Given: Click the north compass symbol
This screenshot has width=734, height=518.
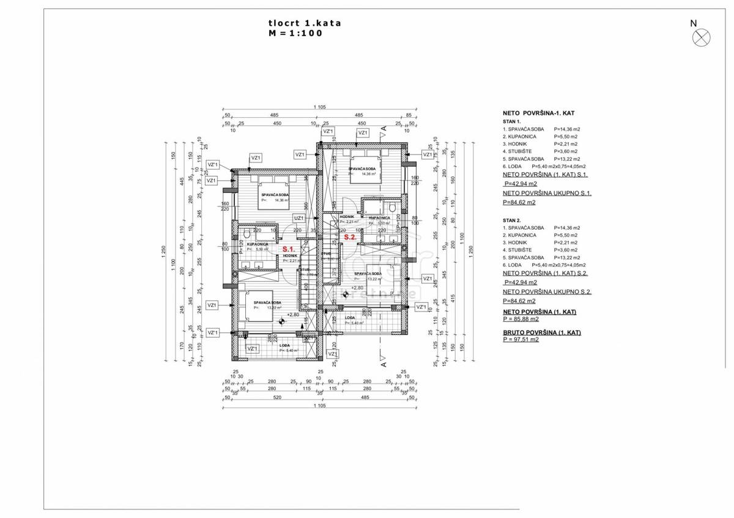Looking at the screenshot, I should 701,38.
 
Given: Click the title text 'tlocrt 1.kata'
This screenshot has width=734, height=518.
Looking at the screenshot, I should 305,23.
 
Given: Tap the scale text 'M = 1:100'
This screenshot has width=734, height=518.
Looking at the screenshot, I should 295,34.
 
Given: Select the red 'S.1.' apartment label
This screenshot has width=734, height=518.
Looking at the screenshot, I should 289,249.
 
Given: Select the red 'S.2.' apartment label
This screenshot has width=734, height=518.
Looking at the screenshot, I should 350,236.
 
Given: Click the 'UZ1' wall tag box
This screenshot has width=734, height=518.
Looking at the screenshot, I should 299,217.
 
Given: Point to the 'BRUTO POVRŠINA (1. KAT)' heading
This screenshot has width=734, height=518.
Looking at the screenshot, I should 541,332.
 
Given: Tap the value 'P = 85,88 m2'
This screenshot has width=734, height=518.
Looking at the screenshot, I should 521,319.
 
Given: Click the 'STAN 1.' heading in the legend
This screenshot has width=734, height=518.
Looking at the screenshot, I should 511,122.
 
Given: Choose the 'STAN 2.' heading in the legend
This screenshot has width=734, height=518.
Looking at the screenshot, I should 511,220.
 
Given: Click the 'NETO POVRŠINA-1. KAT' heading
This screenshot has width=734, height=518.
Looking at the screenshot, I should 538,113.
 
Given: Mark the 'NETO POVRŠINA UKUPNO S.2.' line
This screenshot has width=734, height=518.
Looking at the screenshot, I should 546,292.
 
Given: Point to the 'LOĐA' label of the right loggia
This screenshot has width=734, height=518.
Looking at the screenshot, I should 350,318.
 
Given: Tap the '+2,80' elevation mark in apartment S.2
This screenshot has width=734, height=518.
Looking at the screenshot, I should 357,286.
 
